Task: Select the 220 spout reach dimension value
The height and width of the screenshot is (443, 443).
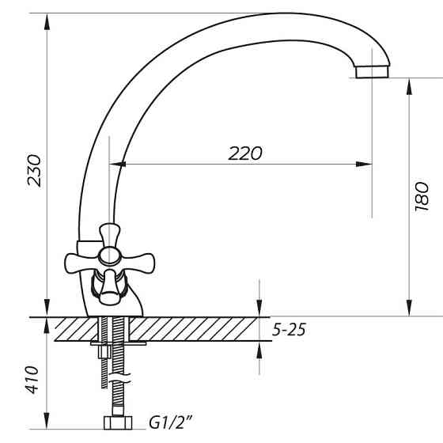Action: point(244,153)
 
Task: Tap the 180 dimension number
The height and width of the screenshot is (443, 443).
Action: point(421,198)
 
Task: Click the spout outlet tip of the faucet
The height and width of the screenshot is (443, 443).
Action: point(372,72)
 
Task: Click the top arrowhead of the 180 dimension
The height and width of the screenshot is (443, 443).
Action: point(409,83)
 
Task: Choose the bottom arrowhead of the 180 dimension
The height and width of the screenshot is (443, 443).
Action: point(409,310)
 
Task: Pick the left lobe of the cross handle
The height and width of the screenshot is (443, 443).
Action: point(74,259)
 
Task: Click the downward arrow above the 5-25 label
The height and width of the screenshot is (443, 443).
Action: point(259,309)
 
